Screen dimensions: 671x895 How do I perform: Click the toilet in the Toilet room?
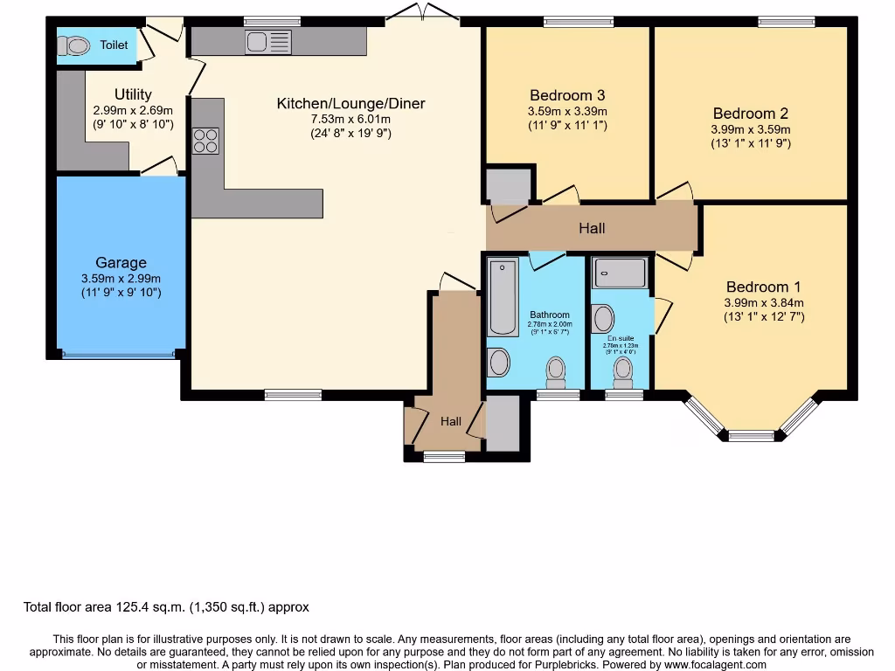(77, 45)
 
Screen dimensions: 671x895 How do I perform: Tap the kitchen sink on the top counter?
(268, 41)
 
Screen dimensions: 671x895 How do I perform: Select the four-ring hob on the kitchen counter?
(206, 141)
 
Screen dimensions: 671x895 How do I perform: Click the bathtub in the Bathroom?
(503, 297)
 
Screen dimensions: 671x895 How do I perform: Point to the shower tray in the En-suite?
(620, 273)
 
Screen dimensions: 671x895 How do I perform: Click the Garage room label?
(121, 262)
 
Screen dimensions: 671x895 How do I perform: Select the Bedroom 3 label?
(567, 95)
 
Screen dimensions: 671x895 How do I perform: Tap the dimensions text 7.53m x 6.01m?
(350, 119)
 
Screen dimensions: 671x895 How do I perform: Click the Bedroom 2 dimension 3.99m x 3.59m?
(751, 128)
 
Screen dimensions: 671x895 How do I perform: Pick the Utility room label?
(133, 94)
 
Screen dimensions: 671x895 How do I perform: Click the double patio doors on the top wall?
(422, 11)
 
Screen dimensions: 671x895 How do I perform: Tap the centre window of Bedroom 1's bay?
(751, 435)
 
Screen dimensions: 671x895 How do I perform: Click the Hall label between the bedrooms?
(592, 228)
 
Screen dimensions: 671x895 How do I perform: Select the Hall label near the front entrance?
(451, 421)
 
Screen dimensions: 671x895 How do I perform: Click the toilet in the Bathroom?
(556, 372)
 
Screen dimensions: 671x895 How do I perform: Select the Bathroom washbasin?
(499, 361)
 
